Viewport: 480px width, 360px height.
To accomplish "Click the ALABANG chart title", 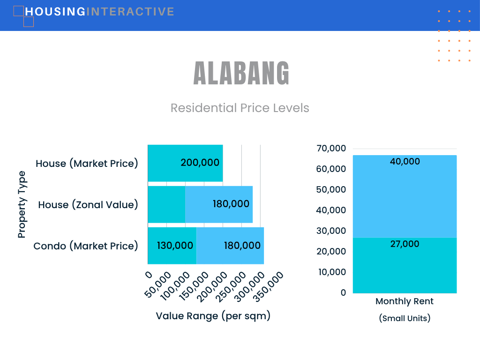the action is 241,73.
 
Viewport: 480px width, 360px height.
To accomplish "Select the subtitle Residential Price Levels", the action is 240,108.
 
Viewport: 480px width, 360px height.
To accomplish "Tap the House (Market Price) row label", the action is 87,164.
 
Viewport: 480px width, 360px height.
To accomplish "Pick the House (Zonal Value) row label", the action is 88,204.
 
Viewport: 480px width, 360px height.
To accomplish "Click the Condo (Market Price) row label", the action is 86,246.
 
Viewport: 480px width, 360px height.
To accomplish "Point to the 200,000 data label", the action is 200,163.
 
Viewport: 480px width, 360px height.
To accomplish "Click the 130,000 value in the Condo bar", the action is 175,246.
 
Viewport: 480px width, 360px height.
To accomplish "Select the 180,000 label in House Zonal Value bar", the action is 231,204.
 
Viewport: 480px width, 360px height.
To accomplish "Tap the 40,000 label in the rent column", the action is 405,161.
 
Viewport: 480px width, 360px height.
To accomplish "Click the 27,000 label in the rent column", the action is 405,244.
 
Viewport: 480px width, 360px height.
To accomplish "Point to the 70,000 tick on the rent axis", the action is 331,148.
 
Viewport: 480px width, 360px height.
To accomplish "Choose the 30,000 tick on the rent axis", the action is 331,231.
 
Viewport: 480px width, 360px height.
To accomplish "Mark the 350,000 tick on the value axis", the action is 269,287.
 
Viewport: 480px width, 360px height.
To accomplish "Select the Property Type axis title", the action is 22,204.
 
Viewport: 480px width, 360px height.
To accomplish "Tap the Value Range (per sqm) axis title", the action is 213,316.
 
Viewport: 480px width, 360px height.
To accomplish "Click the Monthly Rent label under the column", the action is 405,301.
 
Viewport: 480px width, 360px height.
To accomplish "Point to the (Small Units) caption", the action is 405,318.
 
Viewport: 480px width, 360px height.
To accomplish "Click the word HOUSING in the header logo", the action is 55,12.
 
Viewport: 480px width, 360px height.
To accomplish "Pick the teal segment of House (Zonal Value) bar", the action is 166,204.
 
